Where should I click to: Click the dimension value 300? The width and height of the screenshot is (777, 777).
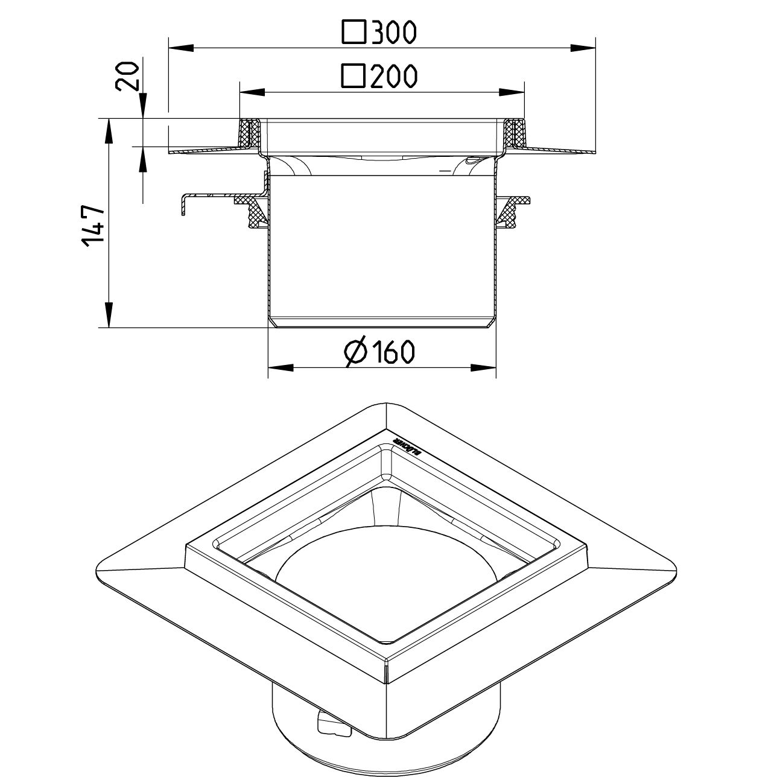pos(393,33)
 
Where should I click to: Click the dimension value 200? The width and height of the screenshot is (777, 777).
pos(393,77)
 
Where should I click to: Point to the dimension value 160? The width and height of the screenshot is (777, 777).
pos(392,352)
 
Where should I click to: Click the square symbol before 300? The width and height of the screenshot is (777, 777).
pos(354,33)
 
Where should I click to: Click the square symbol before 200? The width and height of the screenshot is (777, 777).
pos(354,77)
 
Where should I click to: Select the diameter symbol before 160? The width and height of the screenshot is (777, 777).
pos(356,352)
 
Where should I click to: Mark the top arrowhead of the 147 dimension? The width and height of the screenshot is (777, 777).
pos(109,130)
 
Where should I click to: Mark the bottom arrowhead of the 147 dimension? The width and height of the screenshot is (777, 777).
pos(109,316)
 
